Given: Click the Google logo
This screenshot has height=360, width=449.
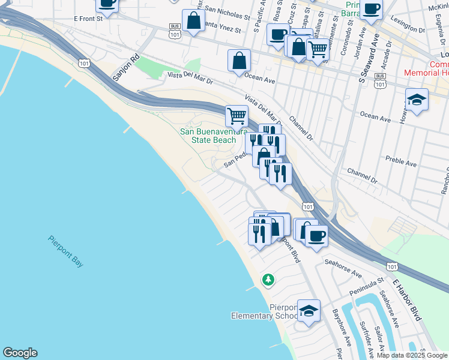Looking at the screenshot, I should (x=20, y=353).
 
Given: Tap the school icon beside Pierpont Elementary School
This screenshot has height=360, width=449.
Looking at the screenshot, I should (x=309, y=311).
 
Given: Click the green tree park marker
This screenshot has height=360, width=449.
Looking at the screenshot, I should (x=268, y=279).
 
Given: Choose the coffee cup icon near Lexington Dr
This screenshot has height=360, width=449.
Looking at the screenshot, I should (x=371, y=9).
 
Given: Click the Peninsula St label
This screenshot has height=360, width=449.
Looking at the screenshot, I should (x=364, y=284).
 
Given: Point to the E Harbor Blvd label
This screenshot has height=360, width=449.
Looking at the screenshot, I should (x=407, y=299).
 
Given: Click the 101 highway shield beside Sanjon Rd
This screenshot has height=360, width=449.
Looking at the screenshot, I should (x=84, y=62).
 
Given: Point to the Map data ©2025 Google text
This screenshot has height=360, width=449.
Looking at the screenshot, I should (x=412, y=355).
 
